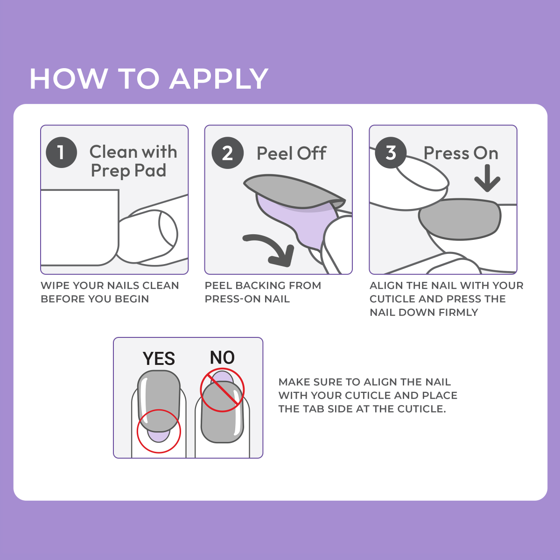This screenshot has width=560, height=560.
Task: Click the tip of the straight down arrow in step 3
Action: point(487,191)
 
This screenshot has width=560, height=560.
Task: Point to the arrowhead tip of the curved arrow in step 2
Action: point(288,266)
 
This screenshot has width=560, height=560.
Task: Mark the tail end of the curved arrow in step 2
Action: point(245,238)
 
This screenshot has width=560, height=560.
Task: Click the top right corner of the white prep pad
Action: point(119,190)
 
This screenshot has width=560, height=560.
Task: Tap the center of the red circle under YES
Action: point(159,431)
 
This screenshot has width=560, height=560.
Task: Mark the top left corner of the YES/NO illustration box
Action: point(113,337)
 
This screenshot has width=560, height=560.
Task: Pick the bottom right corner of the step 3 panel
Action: point(517,274)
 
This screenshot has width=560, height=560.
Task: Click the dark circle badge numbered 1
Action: point(61,152)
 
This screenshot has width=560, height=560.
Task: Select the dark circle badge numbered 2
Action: point(228,153)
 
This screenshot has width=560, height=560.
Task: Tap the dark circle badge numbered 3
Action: point(391,153)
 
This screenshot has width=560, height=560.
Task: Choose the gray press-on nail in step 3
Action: point(460,219)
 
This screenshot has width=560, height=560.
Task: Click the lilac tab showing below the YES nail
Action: point(159,436)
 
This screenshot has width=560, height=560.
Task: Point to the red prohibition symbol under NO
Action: point(222,390)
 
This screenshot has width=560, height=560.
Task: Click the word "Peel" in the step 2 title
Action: point(275,153)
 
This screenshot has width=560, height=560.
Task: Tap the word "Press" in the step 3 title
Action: point(446,153)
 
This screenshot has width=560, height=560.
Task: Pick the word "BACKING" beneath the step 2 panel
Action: point(259,286)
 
